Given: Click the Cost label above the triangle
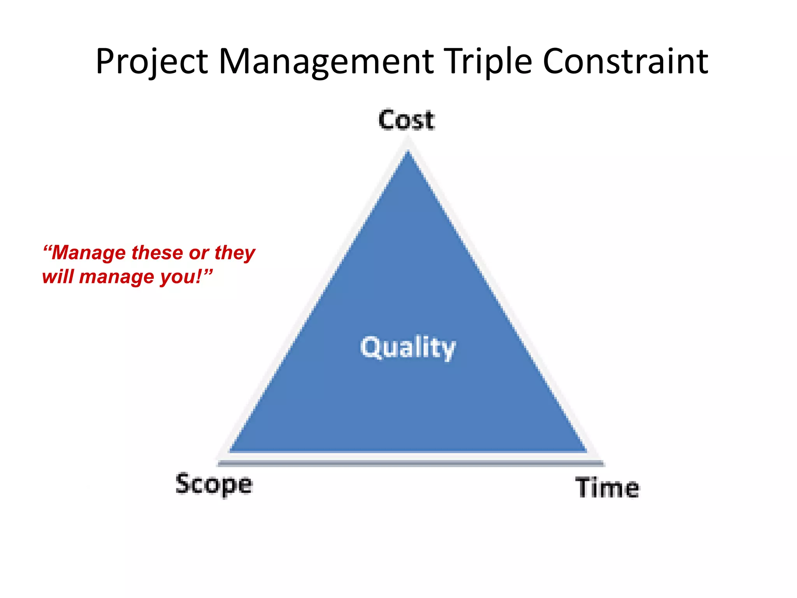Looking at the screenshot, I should [x=406, y=120].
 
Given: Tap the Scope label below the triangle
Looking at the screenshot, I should [x=214, y=485].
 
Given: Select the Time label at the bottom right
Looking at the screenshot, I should [x=607, y=487].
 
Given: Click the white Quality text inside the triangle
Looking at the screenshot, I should [x=407, y=348].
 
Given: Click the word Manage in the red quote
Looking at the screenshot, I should [x=89, y=253].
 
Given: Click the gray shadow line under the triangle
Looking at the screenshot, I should [x=411, y=463].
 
